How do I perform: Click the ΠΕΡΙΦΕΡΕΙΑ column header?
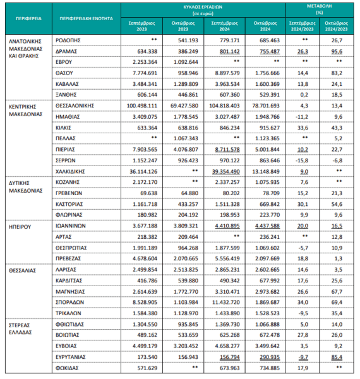coord(28,18)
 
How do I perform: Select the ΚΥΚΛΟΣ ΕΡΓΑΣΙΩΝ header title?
coord(203,7)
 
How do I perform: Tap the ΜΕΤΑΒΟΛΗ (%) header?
coord(319,9)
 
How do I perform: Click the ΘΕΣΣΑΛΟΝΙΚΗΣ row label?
coord(75,106)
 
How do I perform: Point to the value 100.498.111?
coord(142,106)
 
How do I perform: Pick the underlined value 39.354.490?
coord(226,172)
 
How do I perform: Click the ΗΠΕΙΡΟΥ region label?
coord(20,227)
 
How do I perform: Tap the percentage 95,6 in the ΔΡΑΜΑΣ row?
coord(337,52)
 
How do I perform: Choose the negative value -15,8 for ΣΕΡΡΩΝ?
coord(302,160)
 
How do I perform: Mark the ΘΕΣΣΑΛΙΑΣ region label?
coord(23,271)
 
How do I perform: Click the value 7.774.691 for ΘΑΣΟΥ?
coord(145,73)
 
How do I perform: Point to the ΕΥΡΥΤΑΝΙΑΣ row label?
coord(71,357)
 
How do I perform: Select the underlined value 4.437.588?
coord(267,226)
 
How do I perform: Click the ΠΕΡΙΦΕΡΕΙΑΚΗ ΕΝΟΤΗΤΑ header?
coord(87,18)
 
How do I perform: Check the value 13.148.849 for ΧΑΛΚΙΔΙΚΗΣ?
coord(266,172)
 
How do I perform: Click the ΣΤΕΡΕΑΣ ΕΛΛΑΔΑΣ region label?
coord(21,328)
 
